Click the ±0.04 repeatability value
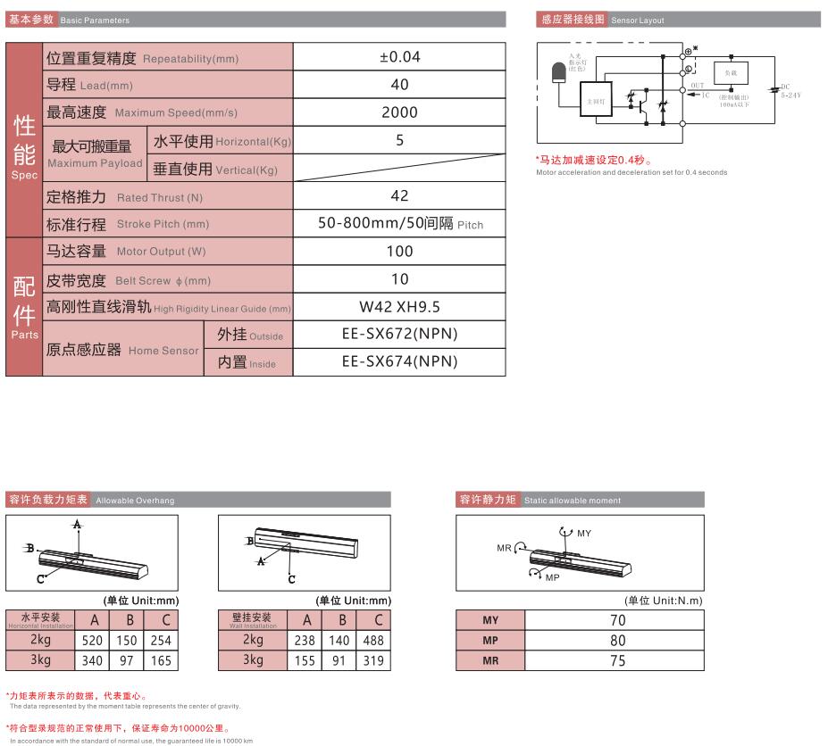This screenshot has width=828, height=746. pos(399,57)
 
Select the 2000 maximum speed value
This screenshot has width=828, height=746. pos(399,112)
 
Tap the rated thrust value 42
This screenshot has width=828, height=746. pos(399,195)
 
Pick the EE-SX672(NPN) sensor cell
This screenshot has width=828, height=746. pos(399,334)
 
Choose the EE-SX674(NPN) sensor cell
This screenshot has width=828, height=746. pos(399,361)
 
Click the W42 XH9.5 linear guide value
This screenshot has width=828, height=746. pos(399,307)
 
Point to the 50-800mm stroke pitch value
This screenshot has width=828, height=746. pos(399,223)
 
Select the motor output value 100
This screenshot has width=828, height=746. pos(399,252)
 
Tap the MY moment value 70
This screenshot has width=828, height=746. pos(616,619)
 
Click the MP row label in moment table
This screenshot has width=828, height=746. pos(490,641)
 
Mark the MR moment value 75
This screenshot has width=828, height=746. pos(616,661)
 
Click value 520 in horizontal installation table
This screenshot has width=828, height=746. pos(93,640)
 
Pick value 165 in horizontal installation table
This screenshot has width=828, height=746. pos(161,661)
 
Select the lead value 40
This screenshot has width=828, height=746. pos(399,85)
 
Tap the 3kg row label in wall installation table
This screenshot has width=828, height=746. pos(254,661)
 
